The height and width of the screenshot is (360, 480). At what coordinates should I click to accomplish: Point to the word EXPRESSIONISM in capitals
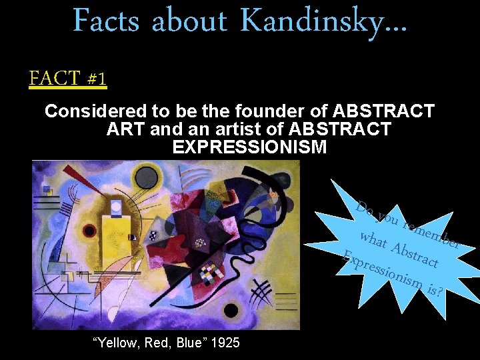[249, 147]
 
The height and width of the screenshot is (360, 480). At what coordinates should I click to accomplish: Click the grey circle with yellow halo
[145, 176]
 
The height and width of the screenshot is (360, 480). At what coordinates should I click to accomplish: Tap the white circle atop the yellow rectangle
[117, 207]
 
